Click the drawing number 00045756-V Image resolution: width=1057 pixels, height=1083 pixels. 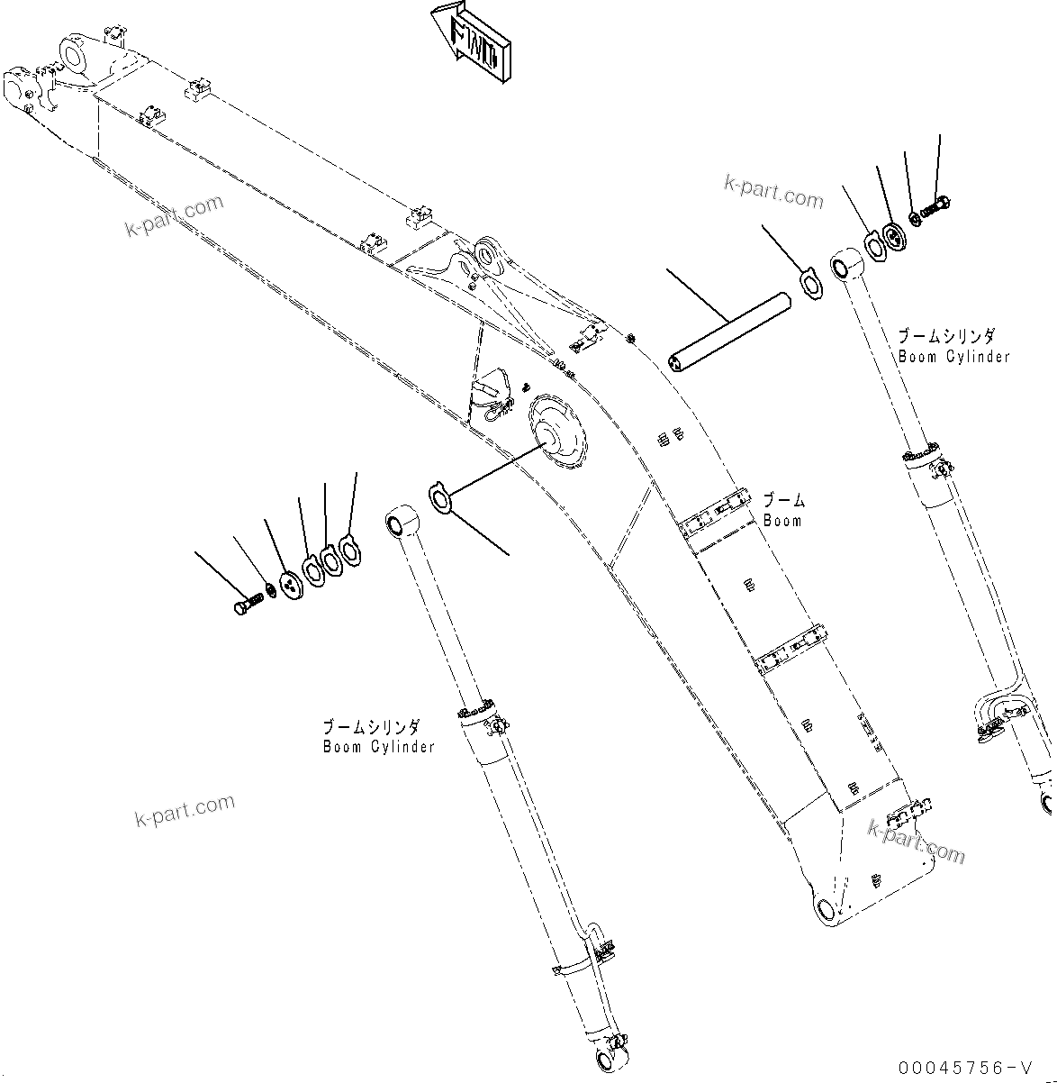pyautogui.click(x=962, y=1068)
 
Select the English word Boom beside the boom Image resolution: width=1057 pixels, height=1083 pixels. pyautogui.click(x=781, y=521)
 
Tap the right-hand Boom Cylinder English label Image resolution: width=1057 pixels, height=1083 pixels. pyautogui.click(x=953, y=357)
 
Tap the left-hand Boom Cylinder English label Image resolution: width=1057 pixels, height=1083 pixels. pyautogui.click(x=379, y=747)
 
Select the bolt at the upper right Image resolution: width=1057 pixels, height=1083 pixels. pyautogui.click(x=937, y=208)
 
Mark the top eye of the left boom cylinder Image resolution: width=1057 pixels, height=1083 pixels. pyautogui.click(x=400, y=523)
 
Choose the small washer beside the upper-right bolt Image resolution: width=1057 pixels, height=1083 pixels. pyautogui.click(x=915, y=217)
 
